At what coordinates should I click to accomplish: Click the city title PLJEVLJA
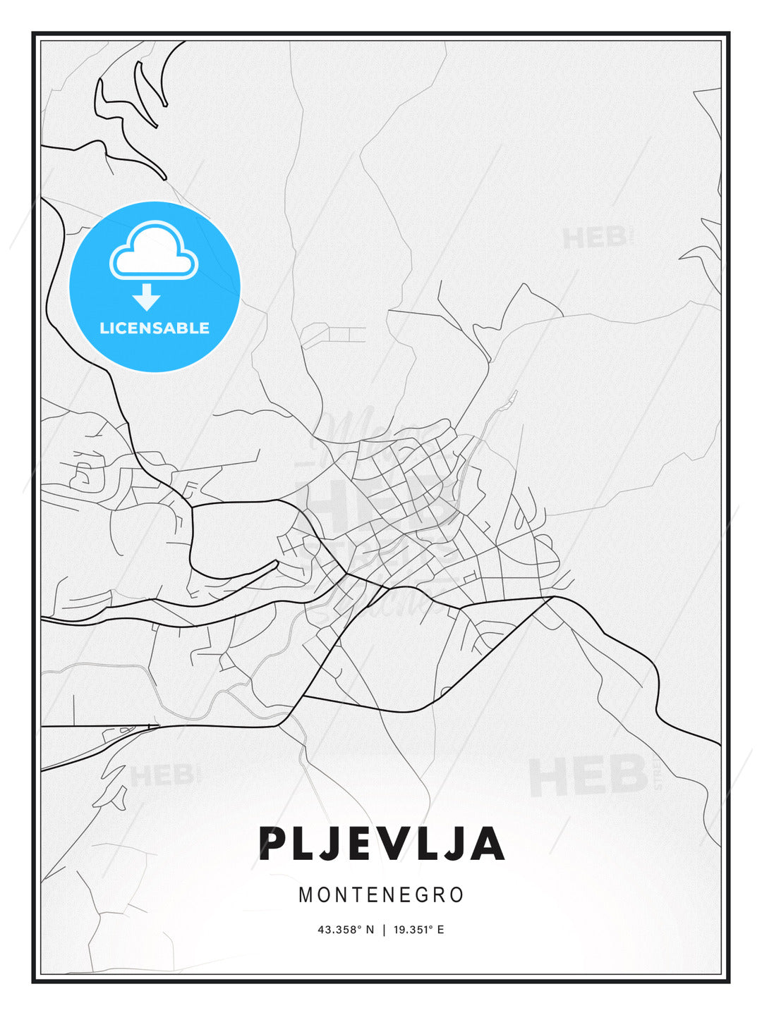[x=381, y=844]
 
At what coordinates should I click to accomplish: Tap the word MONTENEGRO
[x=381, y=895]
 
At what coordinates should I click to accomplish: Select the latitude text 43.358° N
[x=346, y=930]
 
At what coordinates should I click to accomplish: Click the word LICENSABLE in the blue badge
[x=155, y=328]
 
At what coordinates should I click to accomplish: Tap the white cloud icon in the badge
[x=154, y=251]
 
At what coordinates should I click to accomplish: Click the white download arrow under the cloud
[x=147, y=297]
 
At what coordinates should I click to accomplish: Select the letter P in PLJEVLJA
[x=273, y=844]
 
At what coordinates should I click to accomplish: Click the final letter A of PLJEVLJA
[x=488, y=844]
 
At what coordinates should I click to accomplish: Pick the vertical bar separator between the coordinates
[x=384, y=930]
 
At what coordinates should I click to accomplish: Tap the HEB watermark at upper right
[x=594, y=238]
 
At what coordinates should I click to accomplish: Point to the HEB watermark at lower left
[x=161, y=775]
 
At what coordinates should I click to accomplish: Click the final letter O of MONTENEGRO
[x=457, y=895]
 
